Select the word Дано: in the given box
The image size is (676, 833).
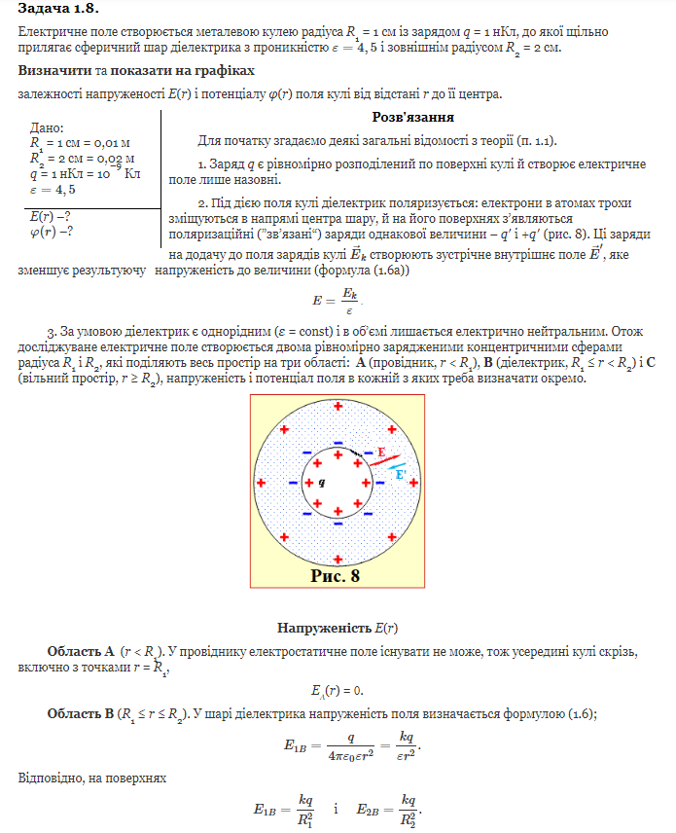coord(47,127)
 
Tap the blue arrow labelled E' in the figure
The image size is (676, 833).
coord(396,471)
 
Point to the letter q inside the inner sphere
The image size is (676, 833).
coord(322,483)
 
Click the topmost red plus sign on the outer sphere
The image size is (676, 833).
coord(338,406)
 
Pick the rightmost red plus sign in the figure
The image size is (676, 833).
coord(414,483)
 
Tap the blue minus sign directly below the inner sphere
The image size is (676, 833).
coord(338,522)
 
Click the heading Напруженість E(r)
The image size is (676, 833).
coord(338,628)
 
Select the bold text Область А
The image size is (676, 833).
coord(81,650)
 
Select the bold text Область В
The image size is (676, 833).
coord(80,713)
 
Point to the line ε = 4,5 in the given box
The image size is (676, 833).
coord(53,190)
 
